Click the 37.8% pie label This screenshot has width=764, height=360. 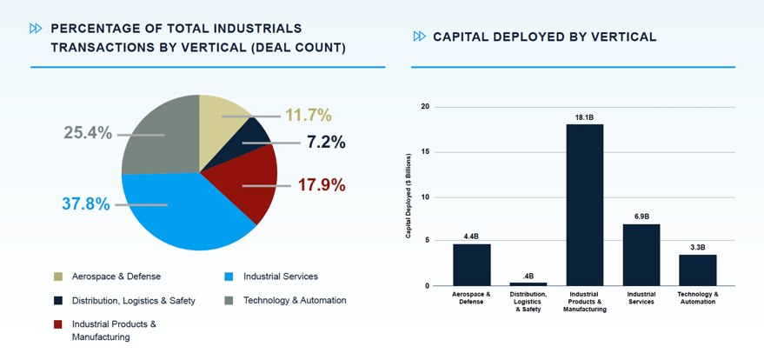86,204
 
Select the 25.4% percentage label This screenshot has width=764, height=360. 88,133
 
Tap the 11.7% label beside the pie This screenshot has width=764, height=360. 309,115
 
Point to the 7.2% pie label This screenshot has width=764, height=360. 326,142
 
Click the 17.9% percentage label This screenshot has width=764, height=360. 322,185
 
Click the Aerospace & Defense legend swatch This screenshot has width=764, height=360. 58,277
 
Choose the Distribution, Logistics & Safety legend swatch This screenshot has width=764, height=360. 58,301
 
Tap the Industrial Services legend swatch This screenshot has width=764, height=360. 229,277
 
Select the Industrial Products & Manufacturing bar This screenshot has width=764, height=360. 584,204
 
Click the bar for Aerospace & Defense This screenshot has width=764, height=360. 471,264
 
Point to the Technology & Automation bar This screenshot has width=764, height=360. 697,270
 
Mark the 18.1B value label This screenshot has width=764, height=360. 584,117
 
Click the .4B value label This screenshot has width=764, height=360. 528,276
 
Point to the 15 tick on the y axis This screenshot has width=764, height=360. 425,152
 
